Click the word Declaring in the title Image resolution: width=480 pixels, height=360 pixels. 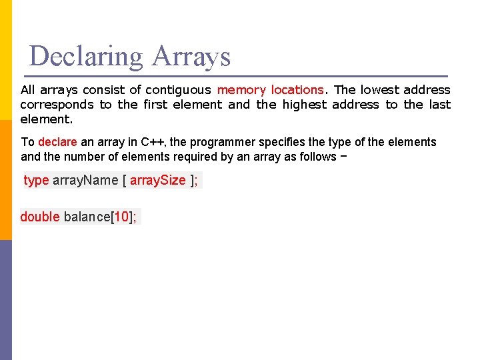click(86, 57)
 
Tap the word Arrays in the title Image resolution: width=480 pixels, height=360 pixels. click(191, 57)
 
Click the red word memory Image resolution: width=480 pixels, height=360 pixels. click(241, 90)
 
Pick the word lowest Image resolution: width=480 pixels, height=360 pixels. click(381, 90)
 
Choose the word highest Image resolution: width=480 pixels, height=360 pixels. click(305, 105)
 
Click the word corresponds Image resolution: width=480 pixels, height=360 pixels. click(57, 105)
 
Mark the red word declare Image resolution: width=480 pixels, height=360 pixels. click(58, 142)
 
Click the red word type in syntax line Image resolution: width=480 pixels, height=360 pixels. click(36, 181)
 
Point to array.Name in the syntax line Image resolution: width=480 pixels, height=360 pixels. click(85, 181)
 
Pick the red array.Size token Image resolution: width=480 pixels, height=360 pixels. click(158, 181)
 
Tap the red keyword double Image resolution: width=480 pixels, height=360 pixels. click(40, 217)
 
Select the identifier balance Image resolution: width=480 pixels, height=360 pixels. click(87, 217)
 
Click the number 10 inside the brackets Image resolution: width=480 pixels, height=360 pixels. click(121, 217)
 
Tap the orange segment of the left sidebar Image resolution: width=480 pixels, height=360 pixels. click(6, 180)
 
